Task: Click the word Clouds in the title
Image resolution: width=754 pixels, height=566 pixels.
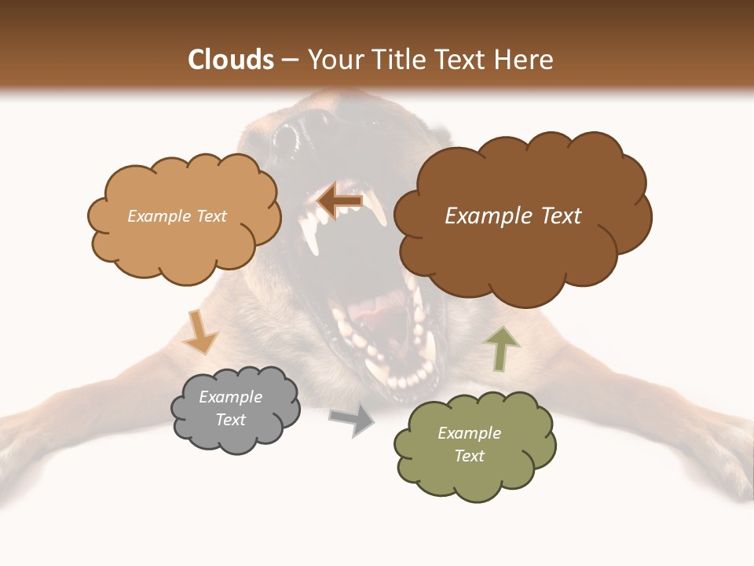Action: point(231,60)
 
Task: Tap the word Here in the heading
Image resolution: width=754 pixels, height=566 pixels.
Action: point(524,60)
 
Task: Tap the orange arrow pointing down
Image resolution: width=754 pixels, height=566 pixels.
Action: point(199,332)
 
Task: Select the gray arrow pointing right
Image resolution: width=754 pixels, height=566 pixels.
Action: point(352,421)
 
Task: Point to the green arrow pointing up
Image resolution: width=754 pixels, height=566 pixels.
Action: point(502,347)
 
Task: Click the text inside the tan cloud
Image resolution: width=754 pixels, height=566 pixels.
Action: point(177,216)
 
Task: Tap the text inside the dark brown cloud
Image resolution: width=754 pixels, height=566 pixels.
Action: point(513,216)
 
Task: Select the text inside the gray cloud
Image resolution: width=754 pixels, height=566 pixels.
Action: point(230,409)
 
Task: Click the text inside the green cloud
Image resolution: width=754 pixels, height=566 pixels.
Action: point(469,444)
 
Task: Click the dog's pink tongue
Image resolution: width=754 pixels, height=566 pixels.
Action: point(375,314)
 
